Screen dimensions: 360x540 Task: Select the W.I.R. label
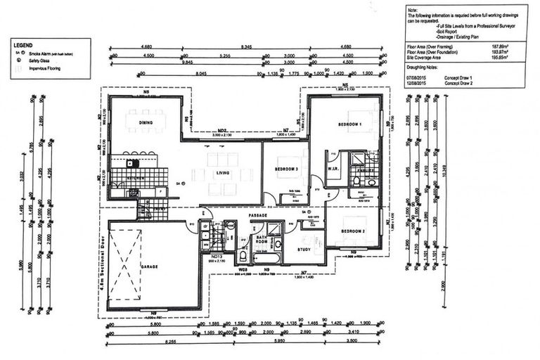[333, 169]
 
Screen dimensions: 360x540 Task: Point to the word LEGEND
[24, 44]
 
